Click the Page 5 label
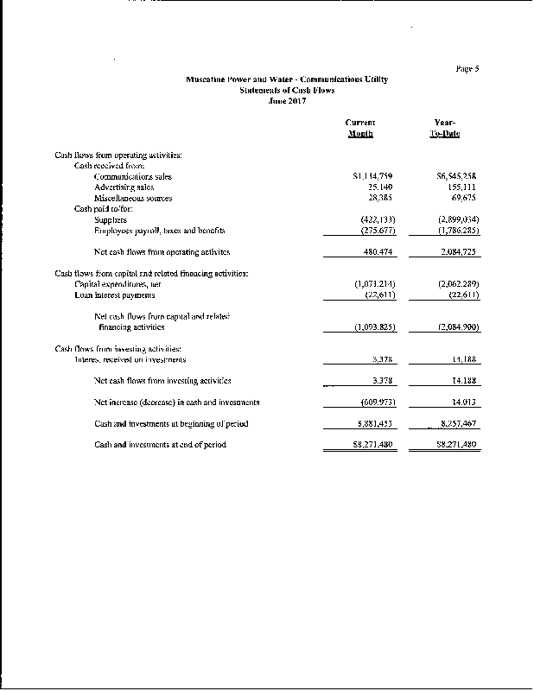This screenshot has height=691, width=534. click(x=466, y=67)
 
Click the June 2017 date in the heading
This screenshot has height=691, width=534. click(x=287, y=100)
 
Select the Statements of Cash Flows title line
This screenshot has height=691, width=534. click(x=287, y=90)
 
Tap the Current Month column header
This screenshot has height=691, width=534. click(x=360, y=129)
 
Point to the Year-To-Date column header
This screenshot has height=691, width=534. click(x=446, y=129)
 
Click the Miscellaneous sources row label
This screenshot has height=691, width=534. click(x=133, y=198)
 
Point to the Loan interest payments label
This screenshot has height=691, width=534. click(x=115, y=295)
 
